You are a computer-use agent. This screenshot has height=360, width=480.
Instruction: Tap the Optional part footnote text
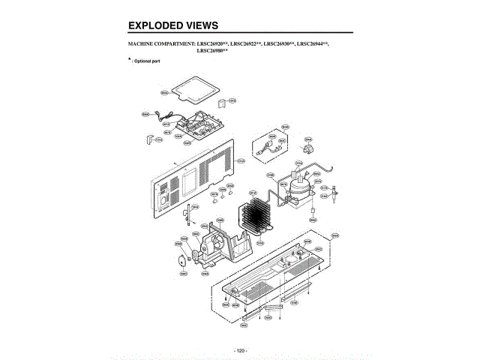pos(148,60)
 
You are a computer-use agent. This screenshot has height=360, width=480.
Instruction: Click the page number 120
pos(240,350)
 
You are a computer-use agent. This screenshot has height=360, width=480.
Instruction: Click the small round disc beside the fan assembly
pos(180,260)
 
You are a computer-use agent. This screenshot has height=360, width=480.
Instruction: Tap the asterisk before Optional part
pos(130,58)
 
